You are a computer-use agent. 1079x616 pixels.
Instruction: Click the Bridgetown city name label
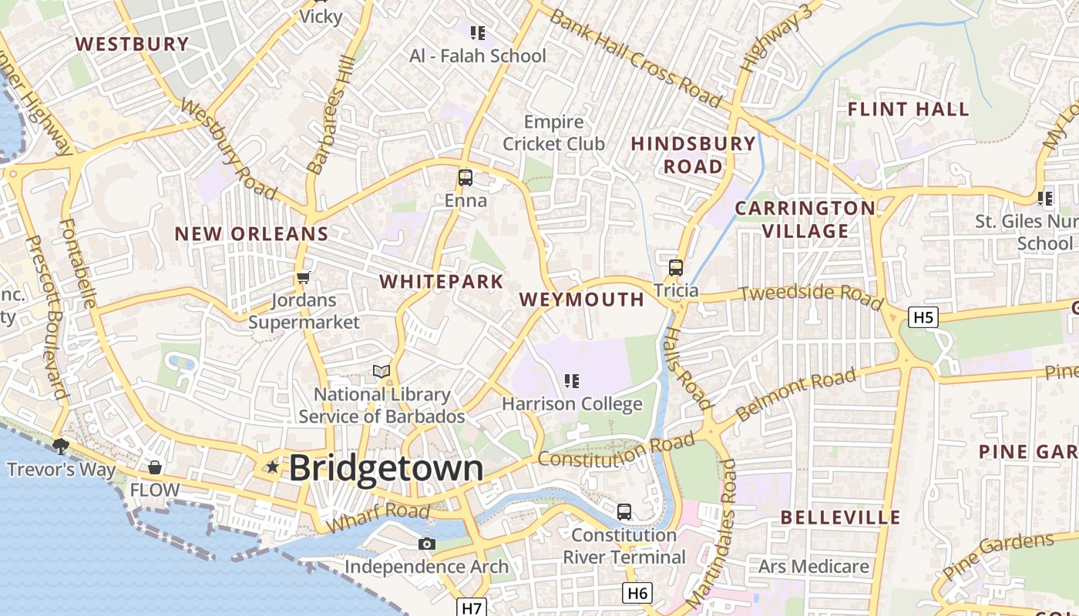click(x=386, y=468)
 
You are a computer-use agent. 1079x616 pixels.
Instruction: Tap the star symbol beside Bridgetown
click(x=272, y=467)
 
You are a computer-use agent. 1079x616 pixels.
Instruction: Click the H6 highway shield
click(x=637, y=592)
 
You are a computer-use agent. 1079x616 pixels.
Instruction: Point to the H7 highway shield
click(x=472, y=608)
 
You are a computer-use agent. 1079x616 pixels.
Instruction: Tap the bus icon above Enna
click(x=466, y=178)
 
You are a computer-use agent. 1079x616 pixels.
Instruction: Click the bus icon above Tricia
click(x=676, y=268)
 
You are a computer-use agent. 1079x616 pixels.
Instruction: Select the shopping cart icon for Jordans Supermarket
click(x=304, y=277)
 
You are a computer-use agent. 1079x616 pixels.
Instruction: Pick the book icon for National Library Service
click(x=382, y=372)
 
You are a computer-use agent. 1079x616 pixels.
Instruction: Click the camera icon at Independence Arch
click(x=426, y=544)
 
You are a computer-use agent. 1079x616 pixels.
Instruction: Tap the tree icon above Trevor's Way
click(x=61, y=446)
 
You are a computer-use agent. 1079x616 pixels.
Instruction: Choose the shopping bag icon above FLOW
click(x=155, y=467)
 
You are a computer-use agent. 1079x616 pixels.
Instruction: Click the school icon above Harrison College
click(x=571, y=380)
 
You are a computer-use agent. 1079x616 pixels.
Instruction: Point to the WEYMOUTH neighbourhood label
click(x=582, y=300)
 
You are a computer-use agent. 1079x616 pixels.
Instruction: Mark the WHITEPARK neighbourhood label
click(x=442, y=281)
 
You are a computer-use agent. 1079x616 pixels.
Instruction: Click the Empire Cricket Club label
click(x=554, y=132)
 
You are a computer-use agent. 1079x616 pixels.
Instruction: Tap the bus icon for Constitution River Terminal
click(x=624, y=511)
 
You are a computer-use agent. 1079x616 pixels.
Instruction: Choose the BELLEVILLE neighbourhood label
click(x=840, y=517)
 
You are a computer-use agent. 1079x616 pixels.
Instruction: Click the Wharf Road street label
click(x=378, y=518)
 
